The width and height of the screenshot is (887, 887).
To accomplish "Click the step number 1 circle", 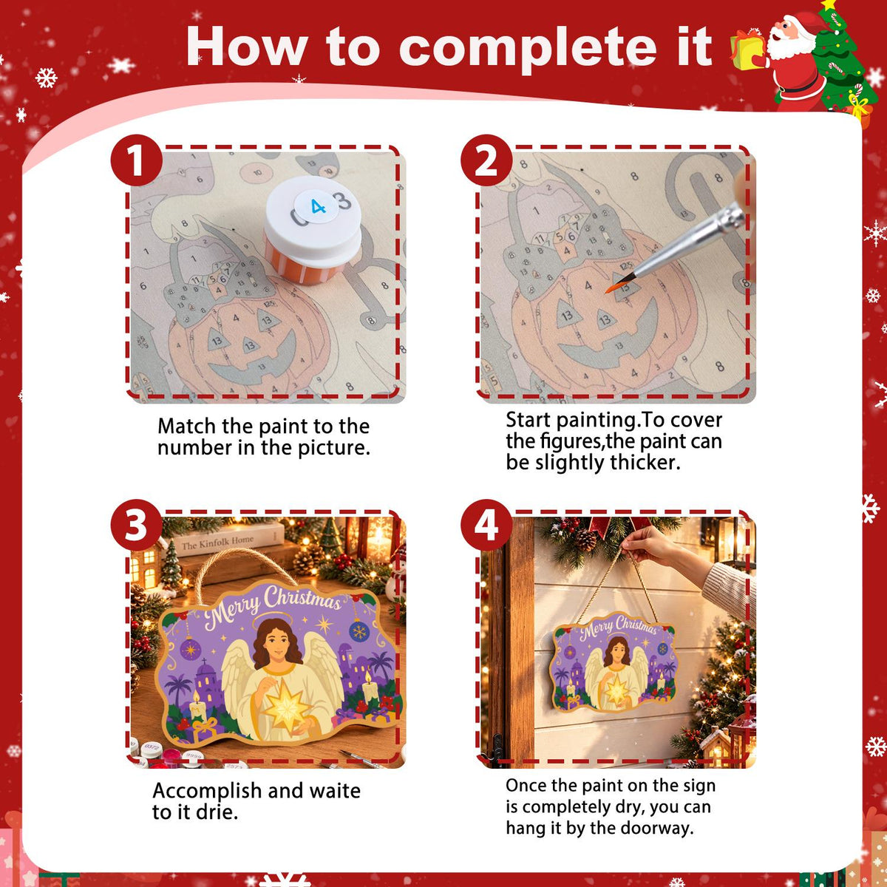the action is pos(136,160).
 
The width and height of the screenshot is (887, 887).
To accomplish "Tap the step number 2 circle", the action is pos(486,160).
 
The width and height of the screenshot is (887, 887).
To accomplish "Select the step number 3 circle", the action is pos(136,526).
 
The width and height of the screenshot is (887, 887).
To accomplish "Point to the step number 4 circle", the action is pos(486,526).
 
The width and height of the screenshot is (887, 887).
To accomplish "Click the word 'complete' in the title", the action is pos(528,48).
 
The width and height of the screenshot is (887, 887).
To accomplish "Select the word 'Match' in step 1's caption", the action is pos(186,426).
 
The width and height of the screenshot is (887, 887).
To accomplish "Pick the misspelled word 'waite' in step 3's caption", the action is pos(335,791).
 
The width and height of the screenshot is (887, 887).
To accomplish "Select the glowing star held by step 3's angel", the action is pos(285,707).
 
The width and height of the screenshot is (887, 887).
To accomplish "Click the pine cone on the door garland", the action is pos(585,540).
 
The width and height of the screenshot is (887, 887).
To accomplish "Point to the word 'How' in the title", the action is pos(247,47).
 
